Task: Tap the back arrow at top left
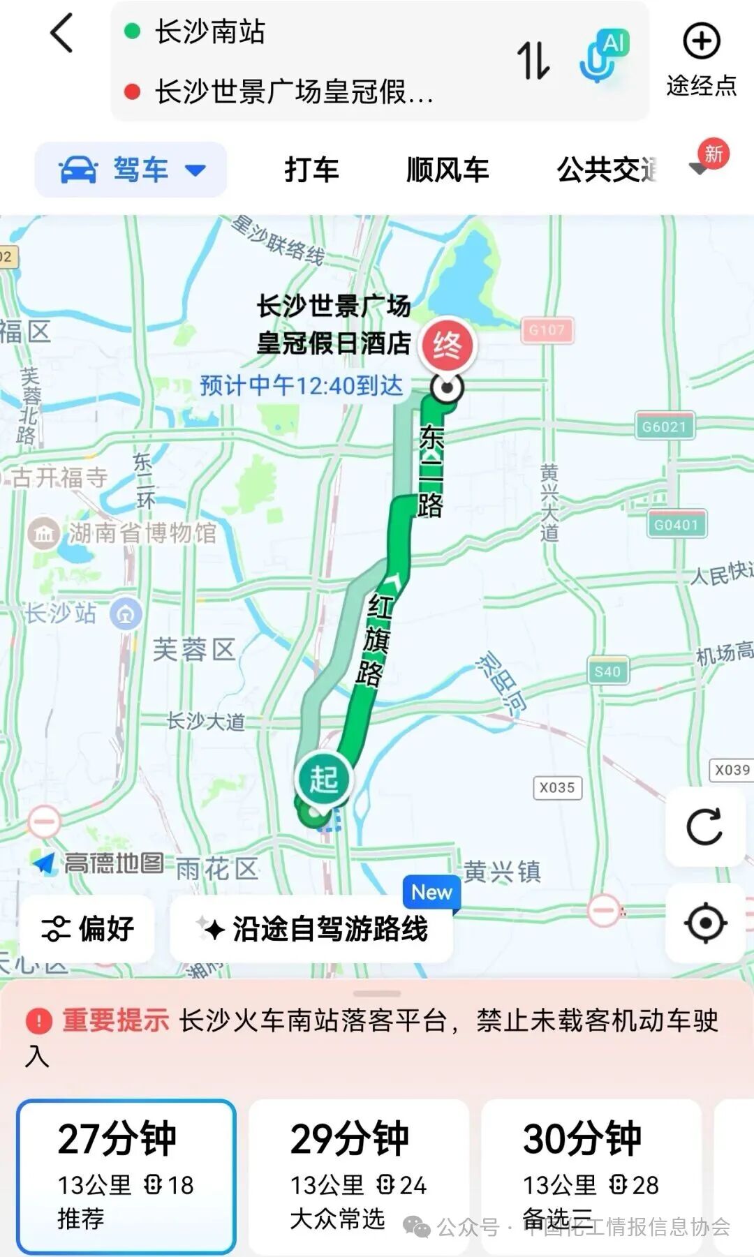(61, 34)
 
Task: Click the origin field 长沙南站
(209, 32)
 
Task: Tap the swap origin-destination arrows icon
(533, 60)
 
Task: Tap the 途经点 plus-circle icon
(701, 42)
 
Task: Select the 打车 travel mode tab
(311, 170)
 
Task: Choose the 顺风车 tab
(448, 170)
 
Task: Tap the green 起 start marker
(323, 779)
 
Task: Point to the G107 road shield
(547, 330)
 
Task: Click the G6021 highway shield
(665, 426)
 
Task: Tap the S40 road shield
(607, 671)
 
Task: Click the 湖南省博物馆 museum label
(142, 533)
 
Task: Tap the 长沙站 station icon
(126, 614)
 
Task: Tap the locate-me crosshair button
(705, 923)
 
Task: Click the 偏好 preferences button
(88, 929)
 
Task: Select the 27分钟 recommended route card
(126, 1175)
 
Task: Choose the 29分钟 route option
(358, 1175)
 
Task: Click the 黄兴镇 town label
(503, 871)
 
